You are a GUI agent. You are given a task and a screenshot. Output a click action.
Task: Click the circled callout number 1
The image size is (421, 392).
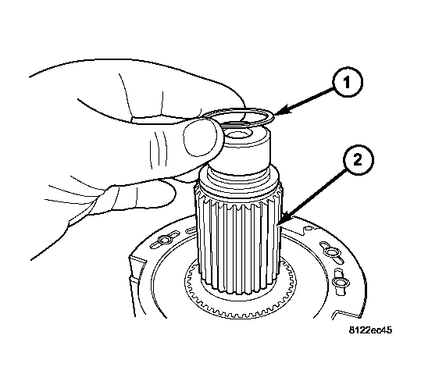point(348,82)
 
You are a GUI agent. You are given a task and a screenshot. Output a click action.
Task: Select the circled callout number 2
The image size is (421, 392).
point(358,161)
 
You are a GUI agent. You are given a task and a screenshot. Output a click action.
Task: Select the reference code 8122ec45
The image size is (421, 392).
point(370,330)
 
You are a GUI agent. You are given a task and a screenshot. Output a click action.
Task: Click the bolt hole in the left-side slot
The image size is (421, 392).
point(162,240)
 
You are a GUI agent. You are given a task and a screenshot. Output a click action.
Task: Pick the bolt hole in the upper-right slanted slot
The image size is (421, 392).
point(329,251)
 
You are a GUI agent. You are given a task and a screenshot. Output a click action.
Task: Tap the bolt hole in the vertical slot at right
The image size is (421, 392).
point(337,282)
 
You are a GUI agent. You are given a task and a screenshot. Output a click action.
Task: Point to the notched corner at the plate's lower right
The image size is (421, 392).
point(346,314)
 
